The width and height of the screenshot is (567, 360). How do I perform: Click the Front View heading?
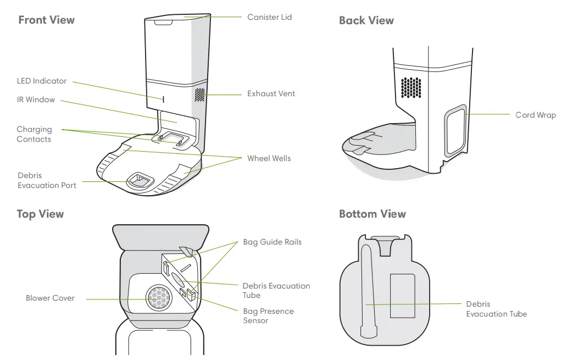coord(46,20)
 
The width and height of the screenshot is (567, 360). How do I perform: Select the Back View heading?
coord(366,20)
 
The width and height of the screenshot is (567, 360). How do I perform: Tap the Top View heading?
coord(40,214)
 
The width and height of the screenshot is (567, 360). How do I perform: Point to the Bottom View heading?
coord(372,214)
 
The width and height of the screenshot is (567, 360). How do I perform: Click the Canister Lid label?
coord(269,17)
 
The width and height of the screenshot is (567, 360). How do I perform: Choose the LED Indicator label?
coord(42,81)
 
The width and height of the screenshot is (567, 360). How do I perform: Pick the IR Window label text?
coord(36,100)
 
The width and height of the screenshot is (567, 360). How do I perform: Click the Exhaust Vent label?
coord(271,93)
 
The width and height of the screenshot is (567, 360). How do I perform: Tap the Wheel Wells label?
coord(269,158)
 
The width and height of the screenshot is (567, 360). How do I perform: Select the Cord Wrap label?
coord(535,115)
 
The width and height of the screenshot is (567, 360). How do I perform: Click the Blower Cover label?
coord(50,298)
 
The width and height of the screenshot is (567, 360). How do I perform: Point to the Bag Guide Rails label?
coord(272,242)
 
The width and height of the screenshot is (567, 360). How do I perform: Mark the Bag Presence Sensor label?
coord(268,315)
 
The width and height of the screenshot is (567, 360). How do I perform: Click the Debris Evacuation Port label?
coord(47,180)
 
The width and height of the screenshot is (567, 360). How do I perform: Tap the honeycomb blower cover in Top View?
coord(159,298)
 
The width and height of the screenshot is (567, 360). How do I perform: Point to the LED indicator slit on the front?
coord(163,98)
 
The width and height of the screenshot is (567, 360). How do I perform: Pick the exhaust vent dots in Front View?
coord(199,95)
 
